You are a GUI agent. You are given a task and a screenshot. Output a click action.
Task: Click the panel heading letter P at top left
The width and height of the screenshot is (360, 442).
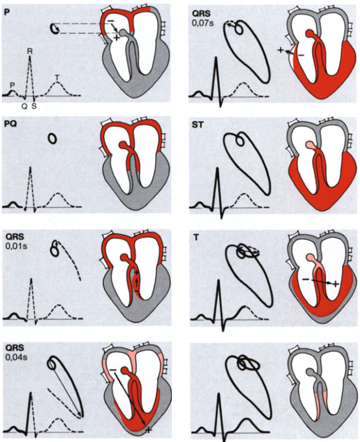[5, 12]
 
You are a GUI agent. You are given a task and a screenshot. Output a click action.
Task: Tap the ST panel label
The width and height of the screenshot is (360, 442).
[197, 124]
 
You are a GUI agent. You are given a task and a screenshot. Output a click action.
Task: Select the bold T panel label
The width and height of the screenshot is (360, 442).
[196, 238]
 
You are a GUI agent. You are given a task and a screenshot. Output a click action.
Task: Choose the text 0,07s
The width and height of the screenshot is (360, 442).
[203, 23]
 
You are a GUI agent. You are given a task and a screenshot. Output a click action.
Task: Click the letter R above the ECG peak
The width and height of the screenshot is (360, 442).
[29, 51]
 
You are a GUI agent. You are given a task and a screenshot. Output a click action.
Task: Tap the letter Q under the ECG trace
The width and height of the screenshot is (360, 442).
[24, 106]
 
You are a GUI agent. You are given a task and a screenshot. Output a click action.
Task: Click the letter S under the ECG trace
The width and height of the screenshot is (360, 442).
[34, 106]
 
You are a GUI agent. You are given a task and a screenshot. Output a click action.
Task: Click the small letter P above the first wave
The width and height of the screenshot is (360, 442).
[12, 85]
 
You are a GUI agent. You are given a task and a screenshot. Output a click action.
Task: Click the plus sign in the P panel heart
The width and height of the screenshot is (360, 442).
[117, 38]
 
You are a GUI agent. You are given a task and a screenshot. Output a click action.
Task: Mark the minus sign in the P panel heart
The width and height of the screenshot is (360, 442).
[111, 21]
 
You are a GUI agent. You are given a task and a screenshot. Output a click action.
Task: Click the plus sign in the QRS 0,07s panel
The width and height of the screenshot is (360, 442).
[280, 50]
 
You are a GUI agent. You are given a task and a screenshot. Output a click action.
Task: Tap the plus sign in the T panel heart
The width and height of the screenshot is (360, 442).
[335, 284]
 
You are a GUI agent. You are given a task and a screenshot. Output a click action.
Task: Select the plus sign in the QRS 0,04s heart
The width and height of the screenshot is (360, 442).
[148, 429]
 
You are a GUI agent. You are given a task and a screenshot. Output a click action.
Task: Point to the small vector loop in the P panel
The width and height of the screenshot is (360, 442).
[55, 28]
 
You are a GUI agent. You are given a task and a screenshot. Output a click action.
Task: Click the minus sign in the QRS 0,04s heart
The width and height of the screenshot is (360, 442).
[113, 369]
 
